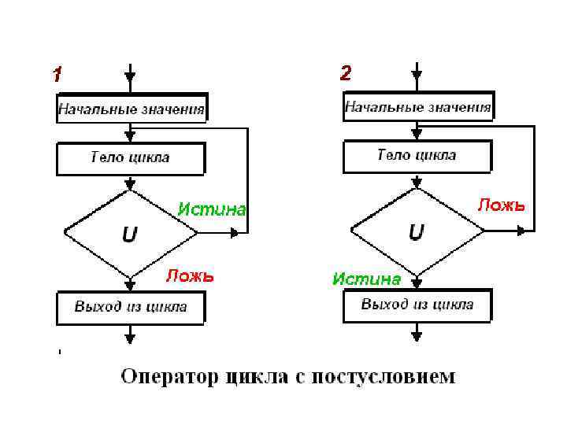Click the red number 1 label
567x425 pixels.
coord(57,76)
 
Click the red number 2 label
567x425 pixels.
coord(346,73)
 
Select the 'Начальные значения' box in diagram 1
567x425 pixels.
coord(131,109)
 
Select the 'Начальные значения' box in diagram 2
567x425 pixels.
coord(417,106)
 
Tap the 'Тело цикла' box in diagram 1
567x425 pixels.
coord(131,157)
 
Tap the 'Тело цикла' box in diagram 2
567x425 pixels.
coord(417,156)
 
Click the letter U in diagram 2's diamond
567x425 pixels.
coord(416,232)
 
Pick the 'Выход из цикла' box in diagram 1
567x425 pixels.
coord(131,307)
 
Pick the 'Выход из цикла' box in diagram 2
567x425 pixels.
coord(417,305)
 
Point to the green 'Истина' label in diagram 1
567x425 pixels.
coord(212,209)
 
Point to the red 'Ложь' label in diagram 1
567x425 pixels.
coord(189,275)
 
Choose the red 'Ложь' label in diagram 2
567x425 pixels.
coord(501,205)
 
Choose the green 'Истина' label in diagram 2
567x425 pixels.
coord(366,279)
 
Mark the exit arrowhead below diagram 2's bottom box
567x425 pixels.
coord(417,336)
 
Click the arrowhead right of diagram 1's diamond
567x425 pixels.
coord(235,233)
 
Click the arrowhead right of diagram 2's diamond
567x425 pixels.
coord(521,231)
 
